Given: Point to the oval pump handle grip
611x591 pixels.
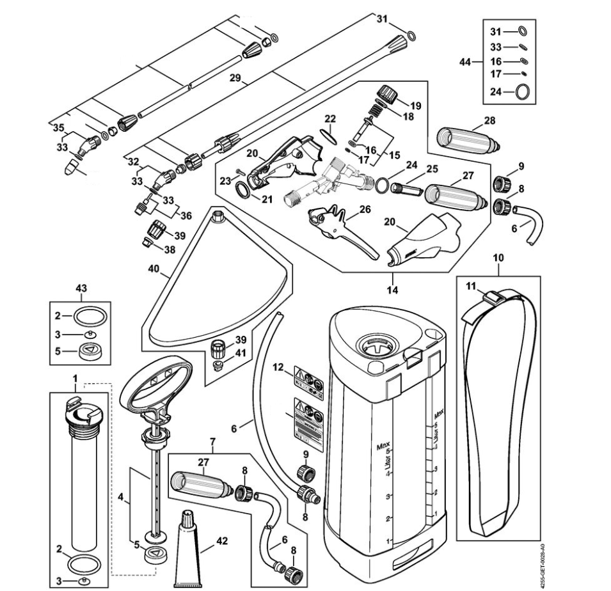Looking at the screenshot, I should click(157, 382).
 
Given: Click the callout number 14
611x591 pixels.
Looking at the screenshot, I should click(392, 290).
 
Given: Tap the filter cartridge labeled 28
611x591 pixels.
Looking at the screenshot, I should click(467, 138).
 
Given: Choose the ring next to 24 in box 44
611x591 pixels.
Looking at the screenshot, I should click(523, 91).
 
